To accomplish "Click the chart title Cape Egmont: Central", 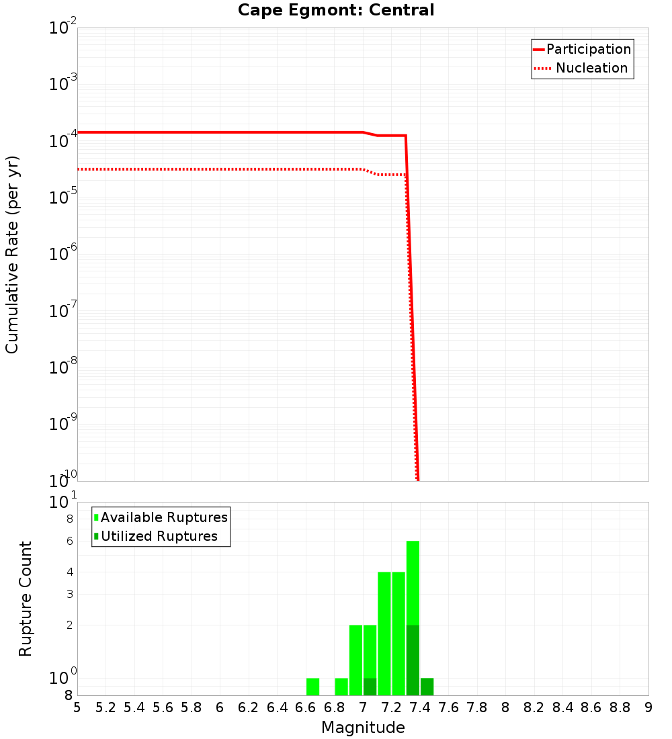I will pos(336,10).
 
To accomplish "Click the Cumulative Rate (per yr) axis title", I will pos(12,254).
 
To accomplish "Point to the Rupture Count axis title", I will pos(26,599).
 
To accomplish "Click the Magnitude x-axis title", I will pos(363,727).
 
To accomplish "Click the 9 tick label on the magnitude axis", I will pos(648,707).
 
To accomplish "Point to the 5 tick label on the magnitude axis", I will pos(77,707).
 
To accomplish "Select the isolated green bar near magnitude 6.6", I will pos(312,687).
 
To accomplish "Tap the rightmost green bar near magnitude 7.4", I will pos(427,687).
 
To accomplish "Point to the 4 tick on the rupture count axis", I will pos(69,572).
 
